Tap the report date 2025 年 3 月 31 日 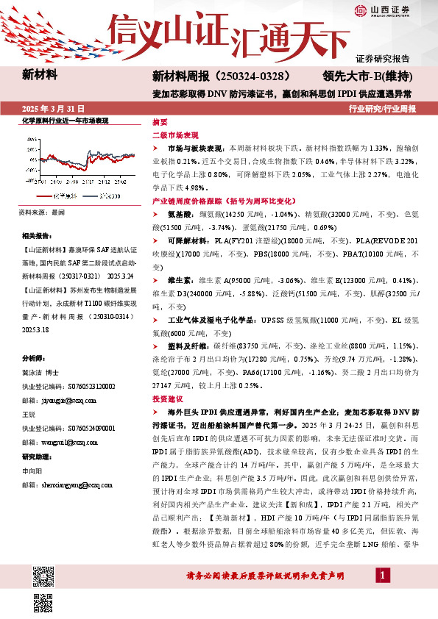(51, 109)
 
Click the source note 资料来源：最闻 (43, 212)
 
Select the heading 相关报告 (37, 235)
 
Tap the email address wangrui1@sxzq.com (66, 443)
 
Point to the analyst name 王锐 (29, 415)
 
